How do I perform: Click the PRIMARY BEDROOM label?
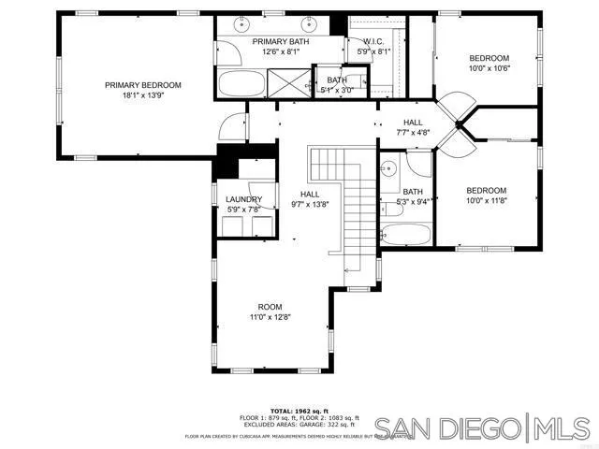(142, 85)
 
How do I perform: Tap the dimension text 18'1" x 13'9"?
(142, 95)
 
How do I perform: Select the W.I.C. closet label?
(360, 42)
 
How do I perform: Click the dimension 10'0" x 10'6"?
(489, 68)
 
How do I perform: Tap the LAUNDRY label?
(243, 199)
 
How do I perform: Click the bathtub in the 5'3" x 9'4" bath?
(407, 234)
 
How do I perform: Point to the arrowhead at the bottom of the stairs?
(346, 270)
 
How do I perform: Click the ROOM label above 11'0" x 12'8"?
(270, 307)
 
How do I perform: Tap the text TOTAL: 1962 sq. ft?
(299, 411)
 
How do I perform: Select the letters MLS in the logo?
(562, 429)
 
